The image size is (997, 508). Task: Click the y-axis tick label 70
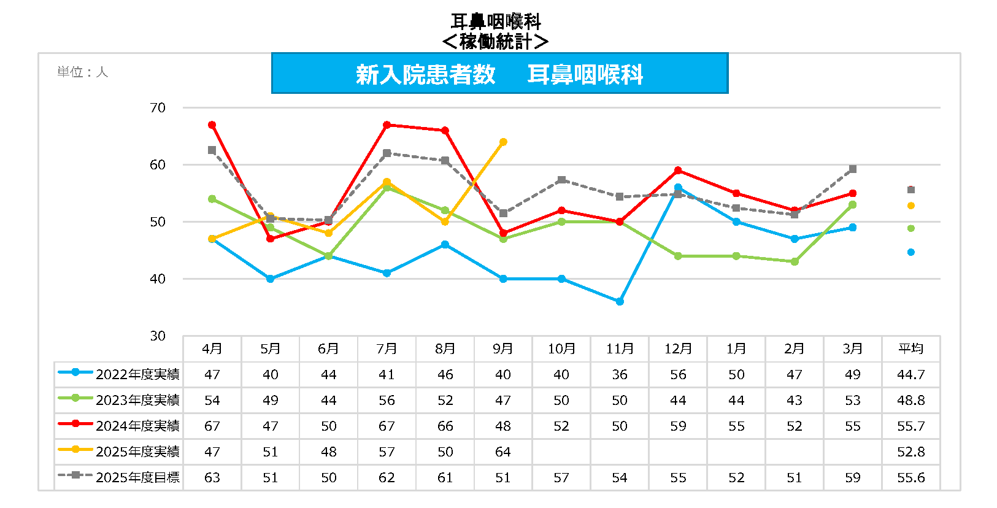[158, 108]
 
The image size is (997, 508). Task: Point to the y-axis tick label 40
[158, 279]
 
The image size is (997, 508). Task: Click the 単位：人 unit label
[82, 72]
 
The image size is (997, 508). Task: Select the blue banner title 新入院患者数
[425, 75]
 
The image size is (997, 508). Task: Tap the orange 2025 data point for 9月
[503, 142]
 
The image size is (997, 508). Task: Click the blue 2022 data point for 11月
[620, 302]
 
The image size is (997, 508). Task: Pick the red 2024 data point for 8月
[445, 131]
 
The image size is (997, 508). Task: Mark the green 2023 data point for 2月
[795, 262]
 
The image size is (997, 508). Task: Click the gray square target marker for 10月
[561, 180]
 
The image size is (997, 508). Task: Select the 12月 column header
[678, 349]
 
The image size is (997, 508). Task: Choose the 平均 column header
[910, 349]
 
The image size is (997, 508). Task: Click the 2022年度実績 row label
[137, 375]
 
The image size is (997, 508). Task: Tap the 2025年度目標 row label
[137, 478]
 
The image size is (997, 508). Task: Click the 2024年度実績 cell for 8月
[445, 426]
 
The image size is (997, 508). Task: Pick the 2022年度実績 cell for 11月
[620, 375]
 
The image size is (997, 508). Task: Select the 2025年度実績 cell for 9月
[503, 452]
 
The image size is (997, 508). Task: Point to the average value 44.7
[910, 375]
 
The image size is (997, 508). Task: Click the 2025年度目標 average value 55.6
[910, 478]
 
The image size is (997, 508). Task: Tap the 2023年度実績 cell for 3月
[852, 401]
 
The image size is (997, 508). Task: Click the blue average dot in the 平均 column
[910, 252]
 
